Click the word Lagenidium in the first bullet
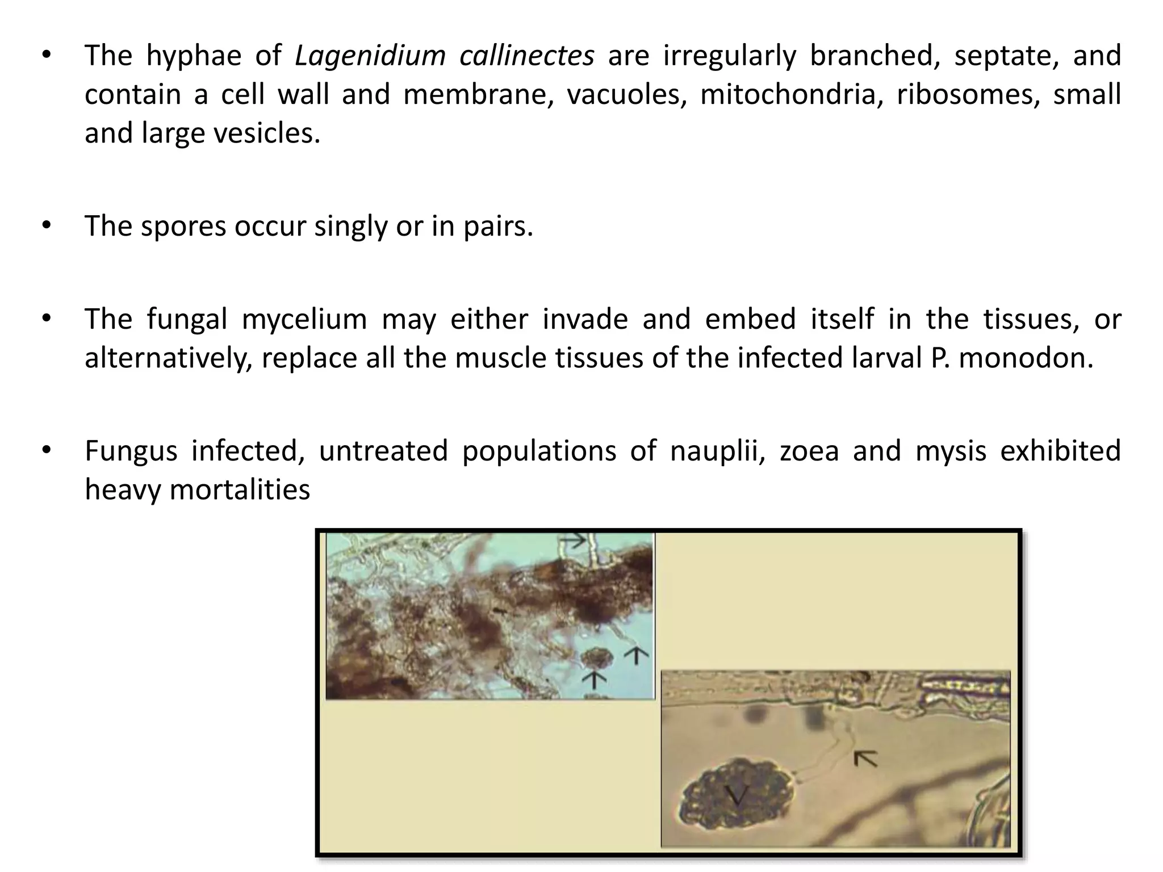click(x=370, y=56)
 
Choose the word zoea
click(x=809, y=451)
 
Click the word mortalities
click(x=240, y=490)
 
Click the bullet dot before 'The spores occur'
click(x=46, y=227)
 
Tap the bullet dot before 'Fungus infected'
click(x=46, y=451)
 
